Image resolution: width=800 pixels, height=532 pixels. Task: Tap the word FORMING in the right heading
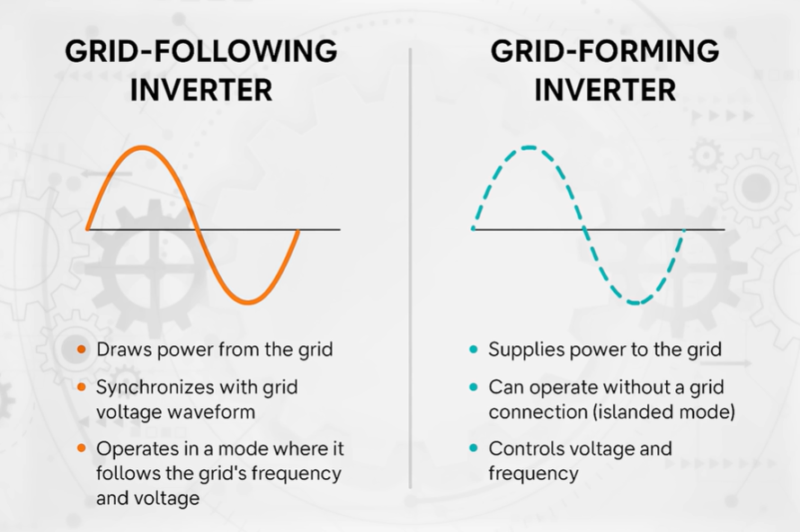[x=643, y=51]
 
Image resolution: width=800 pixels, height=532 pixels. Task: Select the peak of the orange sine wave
[x=140, y=147]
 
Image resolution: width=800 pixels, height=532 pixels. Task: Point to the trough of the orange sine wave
[x=247, y=302]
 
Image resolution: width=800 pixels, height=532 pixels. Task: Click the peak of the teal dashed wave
[x=530, y=147]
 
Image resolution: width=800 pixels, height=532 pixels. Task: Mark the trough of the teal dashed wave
[x=636, y=303]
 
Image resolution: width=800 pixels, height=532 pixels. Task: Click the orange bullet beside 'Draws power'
[x=82, y=350]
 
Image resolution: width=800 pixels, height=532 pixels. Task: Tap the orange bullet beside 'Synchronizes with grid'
[x=82, y=388]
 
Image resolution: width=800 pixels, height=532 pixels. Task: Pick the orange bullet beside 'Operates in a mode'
[x=82, y=448]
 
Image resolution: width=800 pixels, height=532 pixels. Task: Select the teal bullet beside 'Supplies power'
[x=473, y=350]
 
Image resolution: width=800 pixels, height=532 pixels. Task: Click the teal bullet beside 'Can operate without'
[x=473, y=388]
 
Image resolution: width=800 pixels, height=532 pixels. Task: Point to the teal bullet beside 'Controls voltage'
[x=473, y=448]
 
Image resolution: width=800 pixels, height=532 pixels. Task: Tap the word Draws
[x=121, y=350]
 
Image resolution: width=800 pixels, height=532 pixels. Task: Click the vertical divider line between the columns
[x=410, y=270]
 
